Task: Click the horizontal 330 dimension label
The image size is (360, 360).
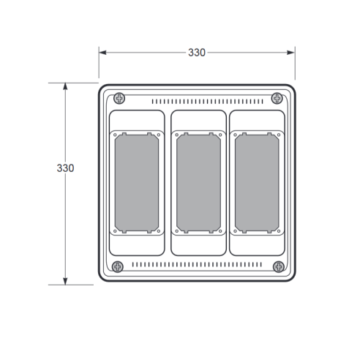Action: point(197,53)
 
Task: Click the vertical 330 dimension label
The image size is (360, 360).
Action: point(65,168)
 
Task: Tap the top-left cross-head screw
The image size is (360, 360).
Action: point(119,99)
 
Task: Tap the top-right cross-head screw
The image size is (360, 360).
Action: point(277,98)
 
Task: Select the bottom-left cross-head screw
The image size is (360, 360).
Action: point(118,266)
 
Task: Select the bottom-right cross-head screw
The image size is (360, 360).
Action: point(279,266)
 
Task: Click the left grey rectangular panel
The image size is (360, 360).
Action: point(137,183)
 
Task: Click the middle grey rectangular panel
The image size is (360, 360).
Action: point(198,183)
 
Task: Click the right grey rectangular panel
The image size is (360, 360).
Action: point(257,183)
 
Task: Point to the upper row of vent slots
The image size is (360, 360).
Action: point(207,102)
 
